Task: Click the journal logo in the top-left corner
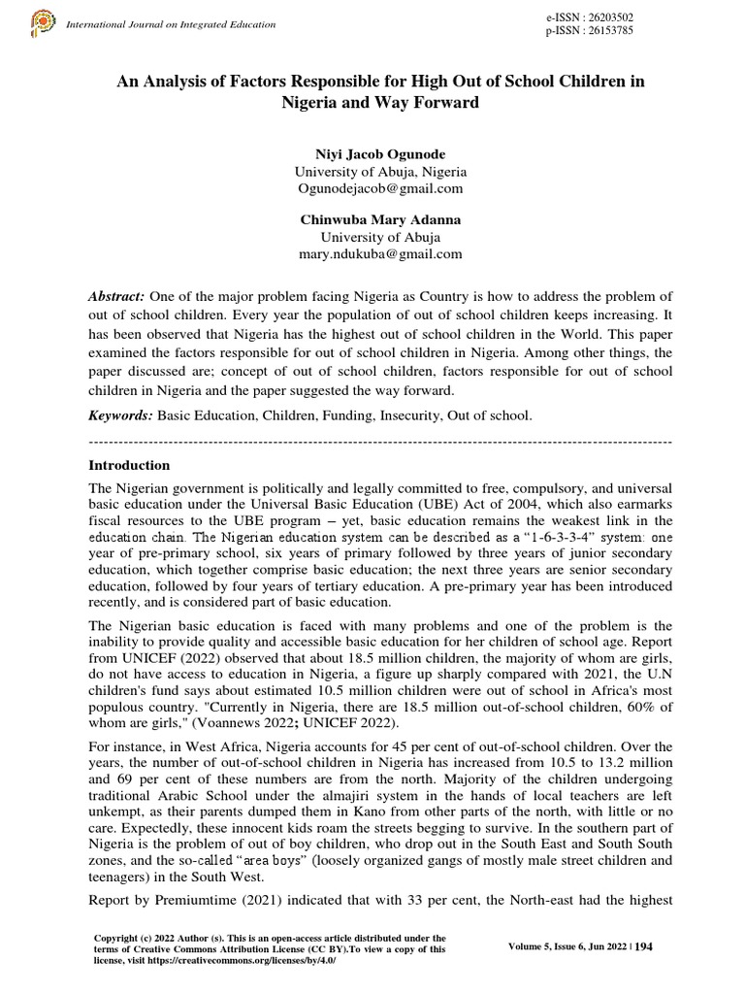[x=43, y=20]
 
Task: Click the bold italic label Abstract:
[x=117, y=295]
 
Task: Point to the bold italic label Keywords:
[x=120, y=414]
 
